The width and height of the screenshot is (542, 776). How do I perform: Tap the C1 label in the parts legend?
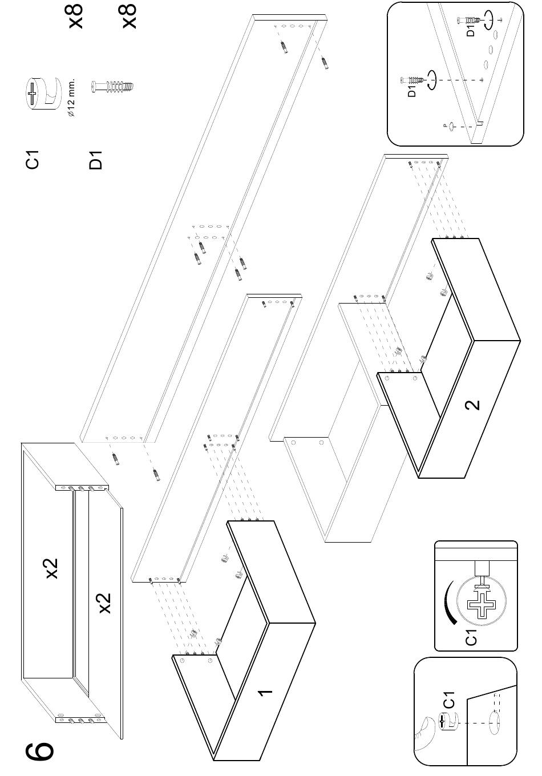(32, 160)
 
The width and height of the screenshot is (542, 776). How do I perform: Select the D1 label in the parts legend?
(96, 160)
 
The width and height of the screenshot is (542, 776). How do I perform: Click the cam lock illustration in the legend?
(44, 92)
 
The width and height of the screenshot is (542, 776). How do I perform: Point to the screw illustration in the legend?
(112, 86)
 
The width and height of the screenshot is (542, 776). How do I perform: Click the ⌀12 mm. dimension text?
(72, 98)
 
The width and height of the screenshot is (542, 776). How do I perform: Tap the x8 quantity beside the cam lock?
(76, 17)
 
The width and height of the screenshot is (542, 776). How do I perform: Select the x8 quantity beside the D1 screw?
(130, 17)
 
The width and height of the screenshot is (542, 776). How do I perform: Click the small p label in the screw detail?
(444, 126)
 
